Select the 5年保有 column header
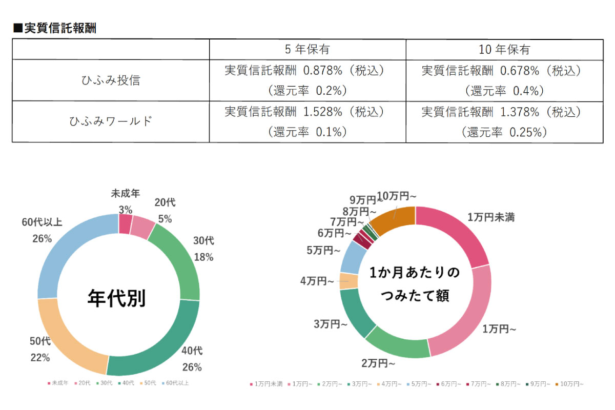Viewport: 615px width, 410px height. point(307,49)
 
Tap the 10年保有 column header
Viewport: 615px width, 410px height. point(504,49)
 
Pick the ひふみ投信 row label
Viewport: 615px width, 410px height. point(111,80)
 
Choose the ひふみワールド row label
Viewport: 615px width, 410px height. point(111,121)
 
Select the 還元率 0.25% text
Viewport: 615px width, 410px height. point(504,132)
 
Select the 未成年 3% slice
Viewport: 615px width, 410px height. point(125,223)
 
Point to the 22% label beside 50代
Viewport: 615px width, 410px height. point(39,358)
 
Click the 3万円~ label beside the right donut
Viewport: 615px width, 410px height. point(331,324)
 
